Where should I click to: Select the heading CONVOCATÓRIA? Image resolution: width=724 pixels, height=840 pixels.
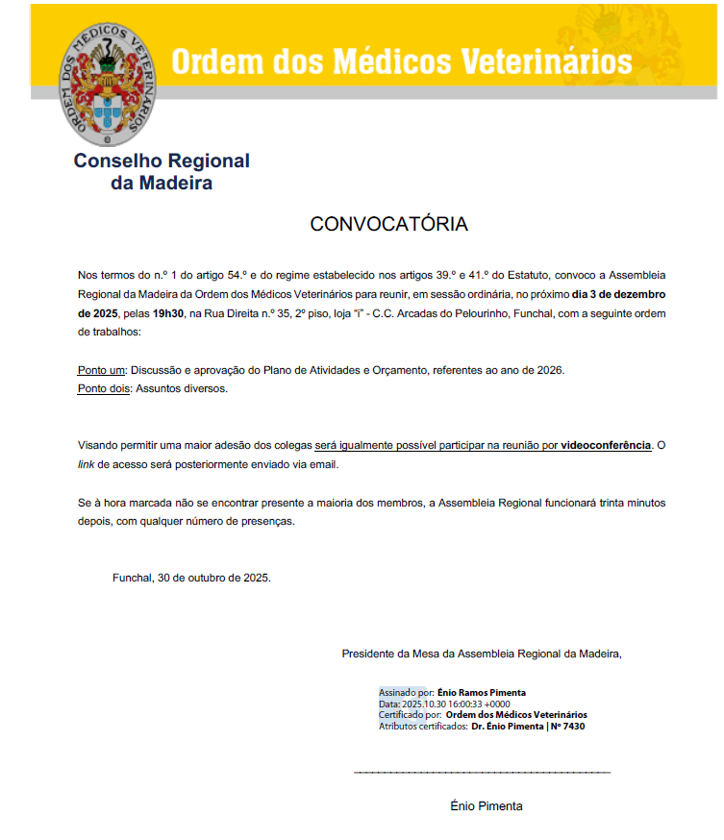click(388, 224)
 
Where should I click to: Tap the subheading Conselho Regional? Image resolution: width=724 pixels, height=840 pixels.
click(162, 161)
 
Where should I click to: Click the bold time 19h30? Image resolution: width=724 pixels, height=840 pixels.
click(168, 313)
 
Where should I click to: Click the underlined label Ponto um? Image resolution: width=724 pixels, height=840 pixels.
click(101, 370)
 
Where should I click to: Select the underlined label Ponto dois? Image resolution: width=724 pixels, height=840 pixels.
click(104, 388)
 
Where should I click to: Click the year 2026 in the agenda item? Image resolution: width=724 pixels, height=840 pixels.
click(549, 370)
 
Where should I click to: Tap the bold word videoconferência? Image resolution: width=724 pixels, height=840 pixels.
click(606, 446)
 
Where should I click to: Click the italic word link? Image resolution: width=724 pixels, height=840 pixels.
click(87, 464)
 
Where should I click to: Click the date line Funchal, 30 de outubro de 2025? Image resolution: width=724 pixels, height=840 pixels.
click(191, 578)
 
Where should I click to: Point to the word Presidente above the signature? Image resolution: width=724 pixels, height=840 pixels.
click(368, 654)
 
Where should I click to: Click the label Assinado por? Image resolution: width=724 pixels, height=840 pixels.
click(405, 692)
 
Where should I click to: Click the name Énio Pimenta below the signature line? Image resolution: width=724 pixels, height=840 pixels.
click(487, 806)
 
